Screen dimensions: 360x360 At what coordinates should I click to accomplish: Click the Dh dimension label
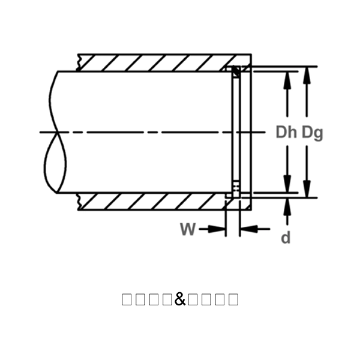[x=287, y=133]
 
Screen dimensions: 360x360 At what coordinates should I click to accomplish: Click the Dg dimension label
[x=312, y=133]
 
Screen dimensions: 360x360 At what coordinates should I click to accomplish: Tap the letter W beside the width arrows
[x=188, y=229]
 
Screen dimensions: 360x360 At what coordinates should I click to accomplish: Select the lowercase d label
[x=286, y=238]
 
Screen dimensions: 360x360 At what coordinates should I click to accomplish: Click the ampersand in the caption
[x=181, y=298]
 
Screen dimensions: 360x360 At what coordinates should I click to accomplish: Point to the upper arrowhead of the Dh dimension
[x=287, y=77]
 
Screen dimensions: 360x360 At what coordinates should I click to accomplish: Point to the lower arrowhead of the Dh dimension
[x=287, y=186]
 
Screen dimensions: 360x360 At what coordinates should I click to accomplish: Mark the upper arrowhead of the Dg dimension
[x=307, y=72]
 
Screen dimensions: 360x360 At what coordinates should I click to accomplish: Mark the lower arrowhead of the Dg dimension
[x=307, y=192]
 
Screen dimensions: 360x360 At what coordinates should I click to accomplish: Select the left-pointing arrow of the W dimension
[x=247, y=229]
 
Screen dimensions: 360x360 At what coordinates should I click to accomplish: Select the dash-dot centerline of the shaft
[x=150, y=132]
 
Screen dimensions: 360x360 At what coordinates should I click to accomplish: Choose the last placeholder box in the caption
[x=233, y=299]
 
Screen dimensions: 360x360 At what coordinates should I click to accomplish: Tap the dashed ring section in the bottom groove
[x=236, y=190]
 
